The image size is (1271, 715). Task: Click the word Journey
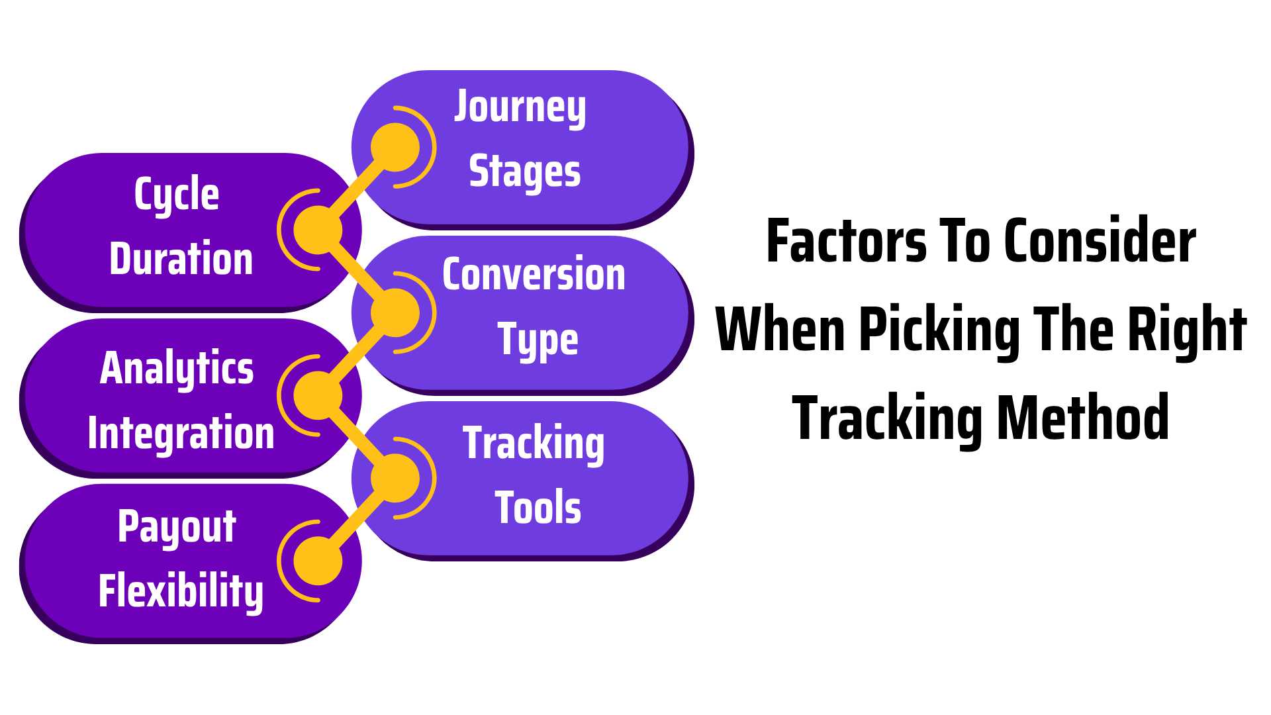tap(520, 108)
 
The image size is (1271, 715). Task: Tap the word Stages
tap(525, 172)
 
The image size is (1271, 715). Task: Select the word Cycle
tap(177, 195)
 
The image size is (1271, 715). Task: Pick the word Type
tap(538, 340)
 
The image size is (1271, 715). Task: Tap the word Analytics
tap(177, 369)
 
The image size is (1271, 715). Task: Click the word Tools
tap(538, 507)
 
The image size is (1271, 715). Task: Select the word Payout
tap(177, 528)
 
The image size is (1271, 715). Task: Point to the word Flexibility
tap(181, 591)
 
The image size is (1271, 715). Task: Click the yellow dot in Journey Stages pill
tap(395, 147)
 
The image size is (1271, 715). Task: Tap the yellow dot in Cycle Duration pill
tap(318, 230)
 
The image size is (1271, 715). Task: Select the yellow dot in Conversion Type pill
tap(395, 312)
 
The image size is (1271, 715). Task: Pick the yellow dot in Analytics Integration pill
tap(318, 395)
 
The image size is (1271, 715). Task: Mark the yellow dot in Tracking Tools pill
tap(395, 478)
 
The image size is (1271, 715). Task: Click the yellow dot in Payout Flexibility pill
tap(318, 561)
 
